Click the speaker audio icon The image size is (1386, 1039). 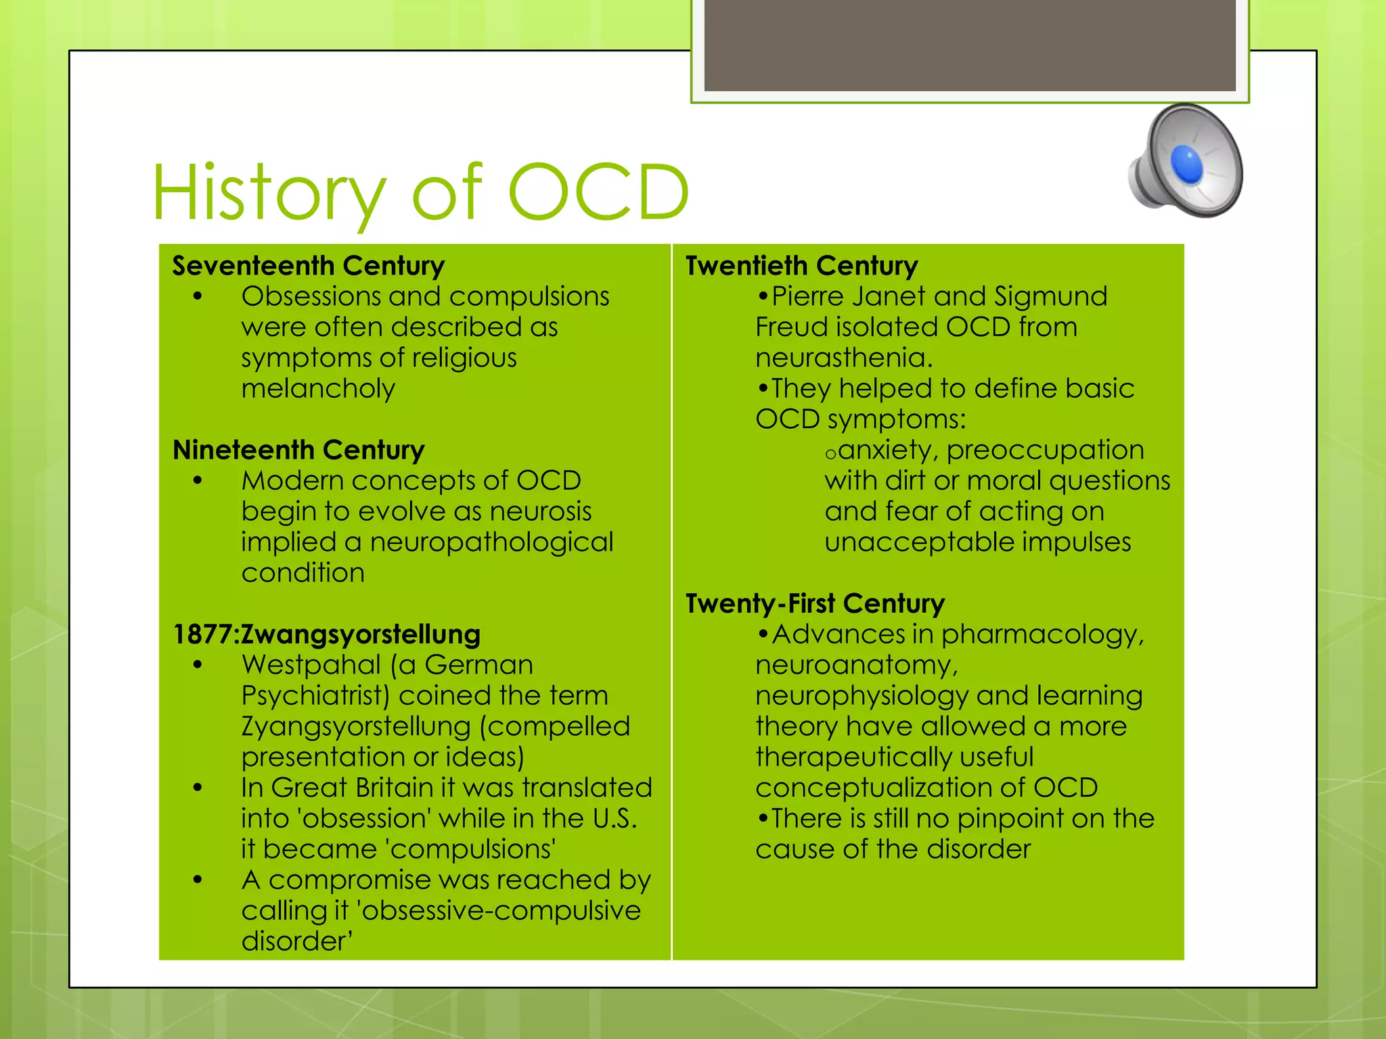[1186, 161]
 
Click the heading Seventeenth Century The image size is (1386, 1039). [309, 266]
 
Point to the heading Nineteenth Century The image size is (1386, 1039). [298, 450]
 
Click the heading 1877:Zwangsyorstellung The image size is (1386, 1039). [327, 634]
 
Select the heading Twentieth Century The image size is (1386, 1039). [801, 266]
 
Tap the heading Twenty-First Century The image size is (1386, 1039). [815, 603]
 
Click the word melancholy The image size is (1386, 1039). [318, 389]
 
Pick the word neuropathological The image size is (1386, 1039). [491, 542]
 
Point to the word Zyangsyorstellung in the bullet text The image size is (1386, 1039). [356, 727]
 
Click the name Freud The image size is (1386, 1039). [792, 327]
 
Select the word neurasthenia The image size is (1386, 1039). [843, 358]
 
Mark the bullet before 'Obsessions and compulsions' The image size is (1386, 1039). [198, 297]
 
